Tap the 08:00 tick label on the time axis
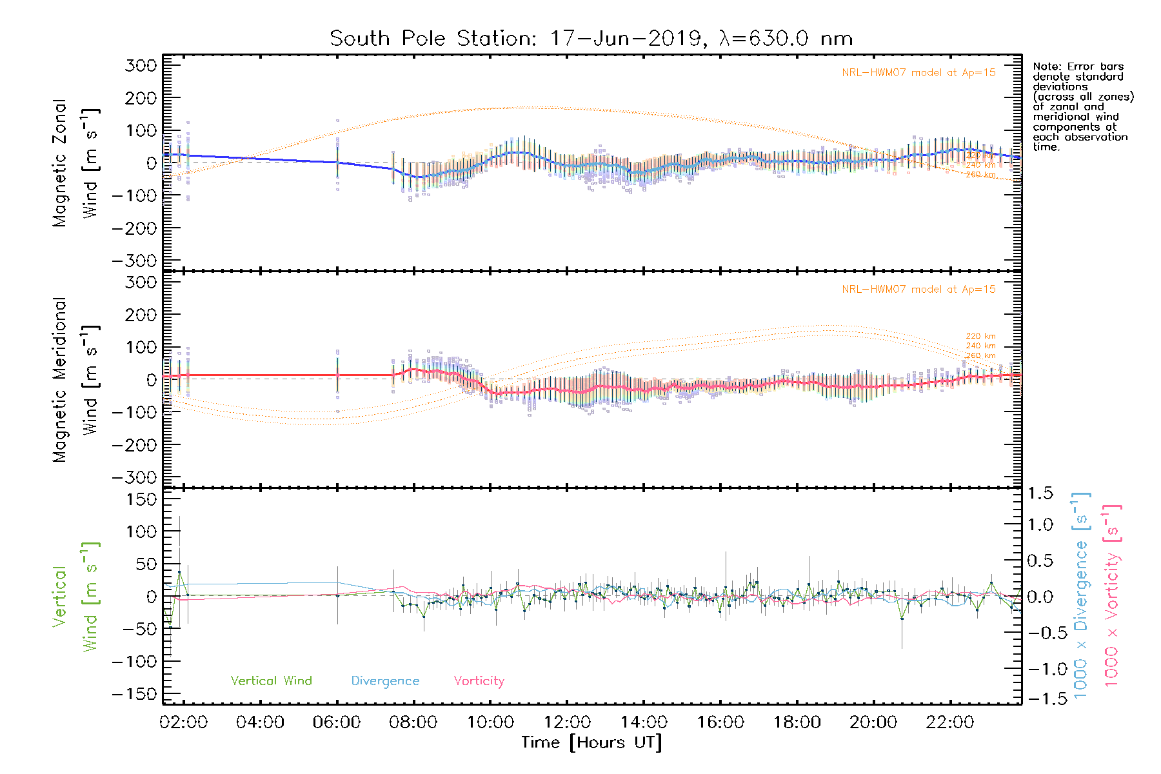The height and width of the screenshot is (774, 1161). [413, 722]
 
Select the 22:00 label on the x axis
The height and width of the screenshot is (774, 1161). [949, 722]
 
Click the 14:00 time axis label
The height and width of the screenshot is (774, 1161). [643, 722]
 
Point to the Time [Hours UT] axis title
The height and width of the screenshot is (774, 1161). [591, 742]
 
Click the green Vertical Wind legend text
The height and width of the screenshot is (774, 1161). [271, 681]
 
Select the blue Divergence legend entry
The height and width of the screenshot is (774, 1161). [385, 681]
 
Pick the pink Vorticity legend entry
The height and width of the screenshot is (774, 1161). [479, 681]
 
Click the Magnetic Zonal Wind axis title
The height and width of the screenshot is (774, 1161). [75, 163]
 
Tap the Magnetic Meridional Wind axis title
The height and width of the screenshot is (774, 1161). [75, 379]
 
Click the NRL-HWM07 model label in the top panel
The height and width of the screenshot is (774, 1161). [918, 73]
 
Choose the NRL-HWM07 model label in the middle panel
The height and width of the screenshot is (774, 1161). [918, 290]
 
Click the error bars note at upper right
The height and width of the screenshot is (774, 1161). [1082, 106]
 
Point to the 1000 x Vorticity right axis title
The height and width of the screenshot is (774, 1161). [1112, 595]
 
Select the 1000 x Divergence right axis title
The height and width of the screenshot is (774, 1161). [1081, 595]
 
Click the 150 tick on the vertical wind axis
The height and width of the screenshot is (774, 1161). [141, 499]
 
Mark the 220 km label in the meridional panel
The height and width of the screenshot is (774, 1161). [980, 336]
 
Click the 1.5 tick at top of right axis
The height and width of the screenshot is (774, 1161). [1040, 493]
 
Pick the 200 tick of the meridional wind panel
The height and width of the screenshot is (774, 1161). [141, 315]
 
